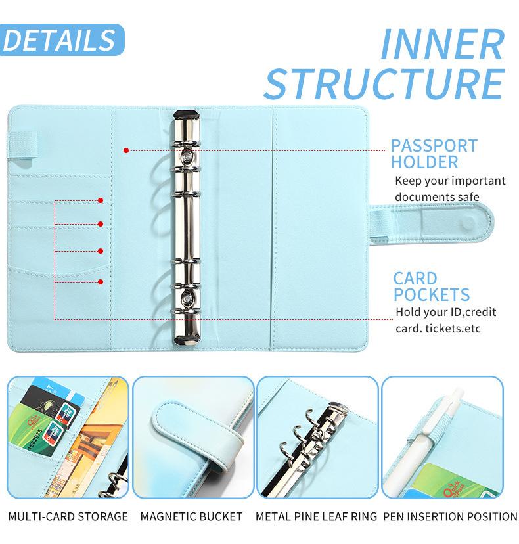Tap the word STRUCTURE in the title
point(384,85)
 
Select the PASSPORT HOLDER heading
point(434,154)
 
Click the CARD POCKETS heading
point(431,286)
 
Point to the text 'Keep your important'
point(450,181)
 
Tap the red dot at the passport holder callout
point(125,150)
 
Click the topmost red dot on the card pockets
point(101,200)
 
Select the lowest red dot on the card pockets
point(101,282)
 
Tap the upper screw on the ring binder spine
point(187,158)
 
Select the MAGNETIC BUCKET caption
point(191,517)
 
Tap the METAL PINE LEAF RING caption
point(316,517)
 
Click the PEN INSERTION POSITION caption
point(450,517)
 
